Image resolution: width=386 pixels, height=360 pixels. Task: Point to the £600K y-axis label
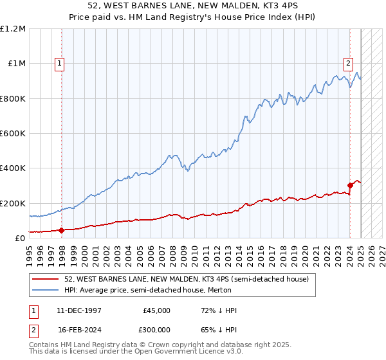13,134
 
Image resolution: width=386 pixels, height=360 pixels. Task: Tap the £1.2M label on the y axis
13,29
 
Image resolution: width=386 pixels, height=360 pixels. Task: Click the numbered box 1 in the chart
59,63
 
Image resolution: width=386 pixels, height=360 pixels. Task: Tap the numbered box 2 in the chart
348,63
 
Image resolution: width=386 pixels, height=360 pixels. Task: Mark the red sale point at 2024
350,186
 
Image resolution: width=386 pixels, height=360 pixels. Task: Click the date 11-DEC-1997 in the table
78,310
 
